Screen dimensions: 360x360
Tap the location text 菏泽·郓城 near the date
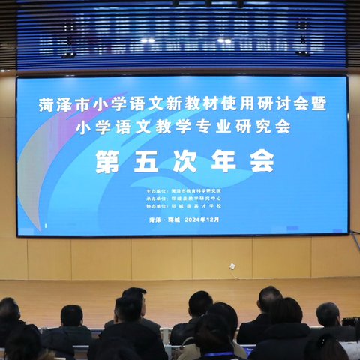click(x=162, y=220)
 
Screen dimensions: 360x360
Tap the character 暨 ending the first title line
click(x=318, y=104)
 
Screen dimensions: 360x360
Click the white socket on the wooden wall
click(x=232, y=265)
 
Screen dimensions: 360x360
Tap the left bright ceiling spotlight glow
click(x=147, y=40)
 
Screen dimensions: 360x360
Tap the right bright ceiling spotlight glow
click(x=223, y=40)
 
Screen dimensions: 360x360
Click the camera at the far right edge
click(x=351, y=322)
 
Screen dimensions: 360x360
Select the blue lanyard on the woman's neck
click(x=219, y=354)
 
